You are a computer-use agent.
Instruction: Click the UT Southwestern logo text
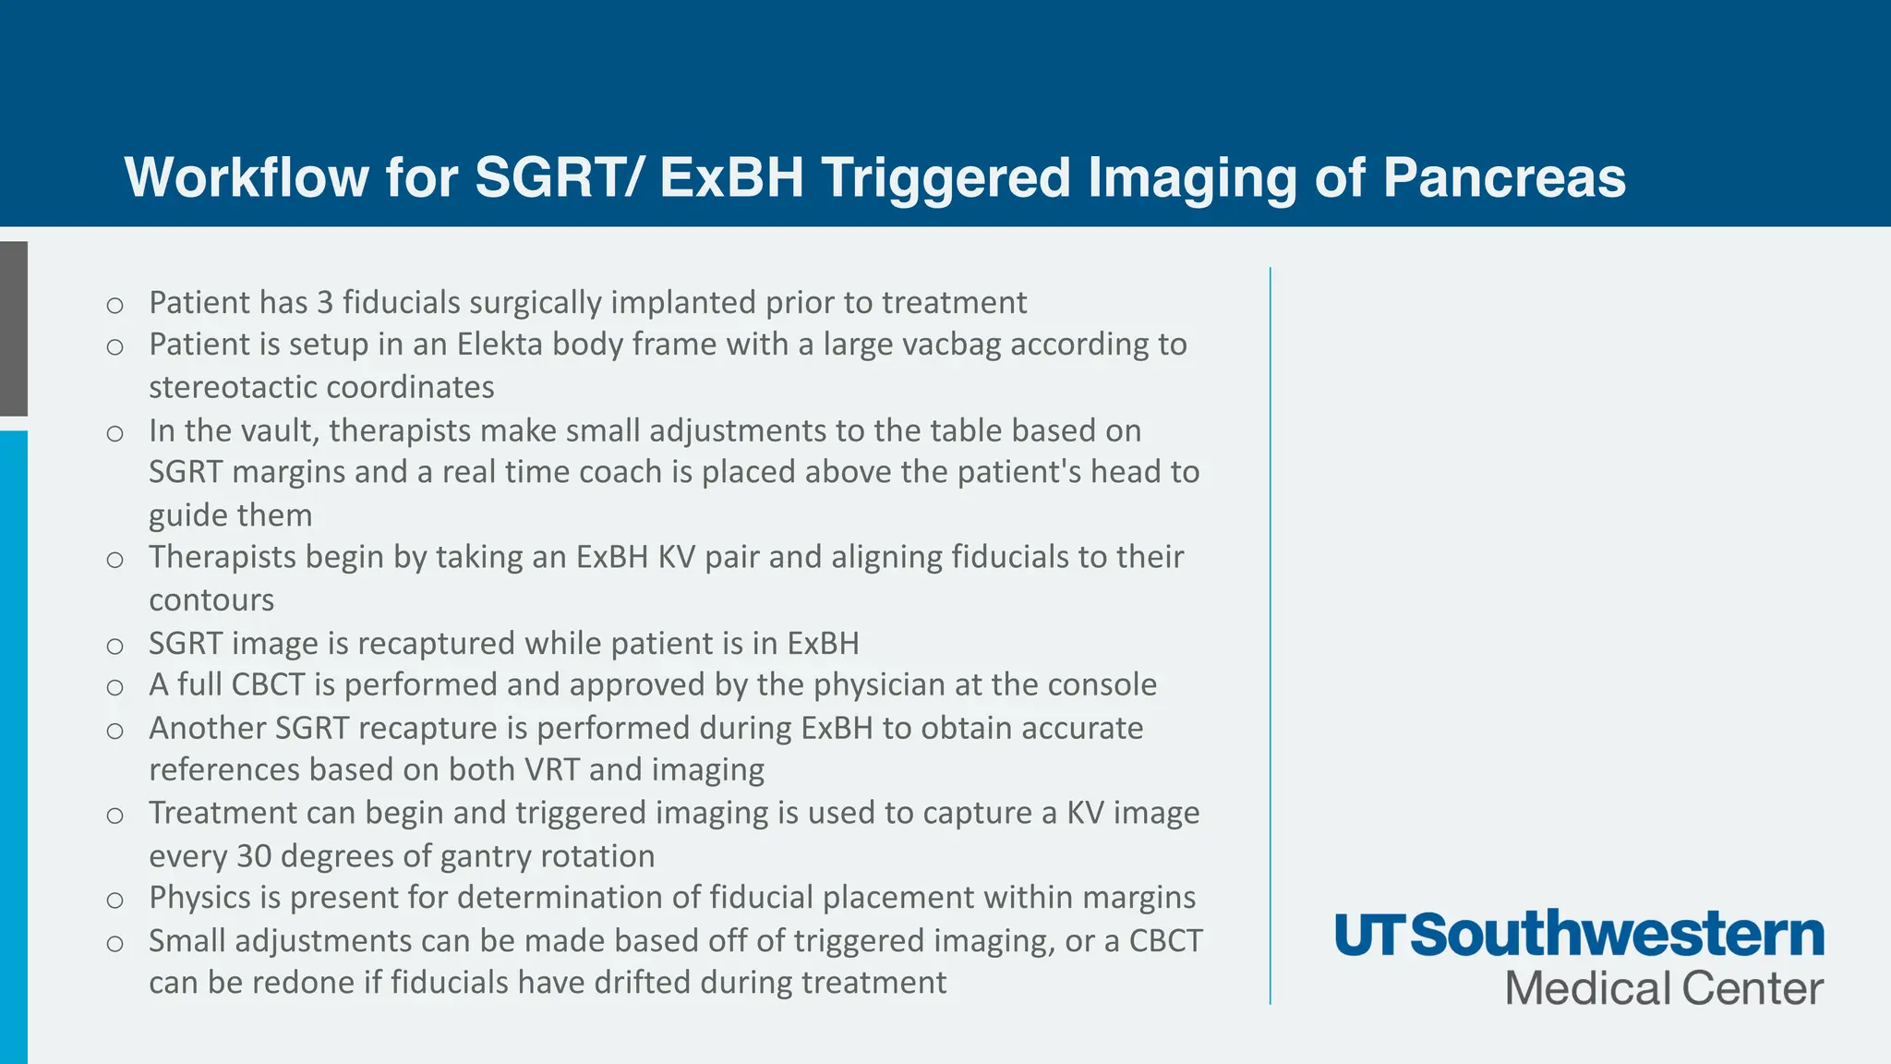click(1579, 935)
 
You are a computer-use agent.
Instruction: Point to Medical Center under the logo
click(1664, 988)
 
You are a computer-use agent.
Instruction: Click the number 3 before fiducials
click(324, 303)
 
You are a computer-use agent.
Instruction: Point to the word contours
click(211, 600)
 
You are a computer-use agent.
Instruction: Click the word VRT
click(551, 769)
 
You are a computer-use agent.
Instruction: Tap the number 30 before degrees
click(254, 856)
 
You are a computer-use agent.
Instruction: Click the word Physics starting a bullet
click(200, 898)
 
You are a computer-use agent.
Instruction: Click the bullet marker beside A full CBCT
click(114, 687)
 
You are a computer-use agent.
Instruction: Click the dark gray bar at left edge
click(14, 328)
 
